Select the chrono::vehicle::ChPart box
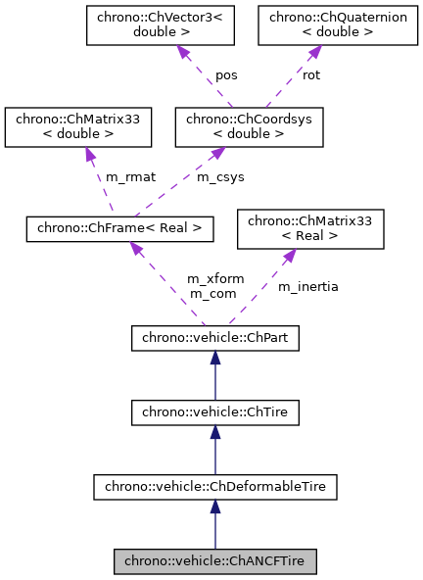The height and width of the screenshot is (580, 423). [x=215, y=339]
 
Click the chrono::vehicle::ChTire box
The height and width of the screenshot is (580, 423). [x=215, y=411]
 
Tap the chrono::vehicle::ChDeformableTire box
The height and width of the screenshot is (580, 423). [x=215, y=484]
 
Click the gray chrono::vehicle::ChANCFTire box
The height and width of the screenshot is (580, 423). [x=215, y=561]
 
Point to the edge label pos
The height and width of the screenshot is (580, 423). [x=227, y=75]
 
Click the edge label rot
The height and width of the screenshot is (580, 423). [x=310, y=75]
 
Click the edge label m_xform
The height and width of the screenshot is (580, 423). [x=210, y=279]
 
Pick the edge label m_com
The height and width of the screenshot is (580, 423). [x=210, y=294]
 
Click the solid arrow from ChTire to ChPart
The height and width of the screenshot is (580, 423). [x=215, y=376]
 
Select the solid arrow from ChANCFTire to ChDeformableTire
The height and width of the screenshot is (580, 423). [x=215, y=523]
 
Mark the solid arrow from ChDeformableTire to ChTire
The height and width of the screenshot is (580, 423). [x=215, y=449]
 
